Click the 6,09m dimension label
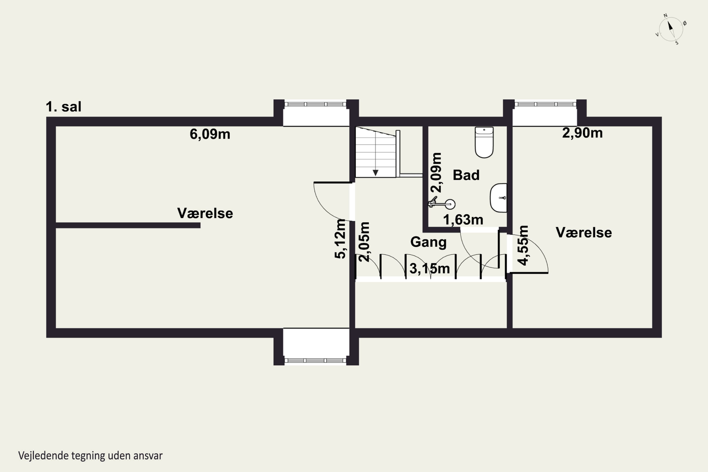pos(210,134)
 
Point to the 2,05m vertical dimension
pos(364,242)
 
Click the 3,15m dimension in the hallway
pos(430,268)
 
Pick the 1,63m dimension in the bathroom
pos(463,220)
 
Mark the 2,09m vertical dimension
pos(436,173)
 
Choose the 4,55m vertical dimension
pos(523,245)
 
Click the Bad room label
pos(466,175)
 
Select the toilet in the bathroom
pos(484,142)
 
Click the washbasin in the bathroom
pos(498,198)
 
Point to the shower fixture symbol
pos(442,203)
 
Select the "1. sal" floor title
pos(63,107)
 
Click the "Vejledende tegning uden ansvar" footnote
pos(90,455)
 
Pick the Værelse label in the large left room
pos(205,213)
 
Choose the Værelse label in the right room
pos(584,233)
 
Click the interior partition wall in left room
pos(128,225)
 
